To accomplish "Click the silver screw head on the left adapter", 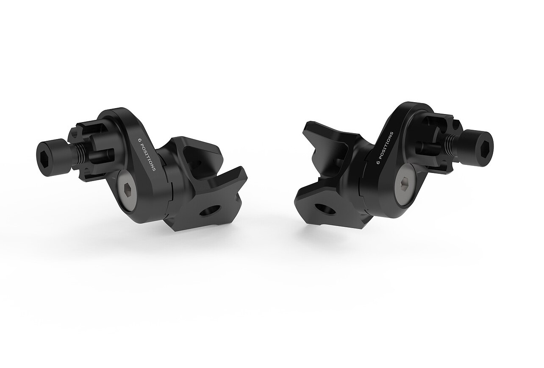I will (128, 187).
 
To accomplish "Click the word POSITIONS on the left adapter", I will (150, 155).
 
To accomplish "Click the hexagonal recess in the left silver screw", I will (128, 187).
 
